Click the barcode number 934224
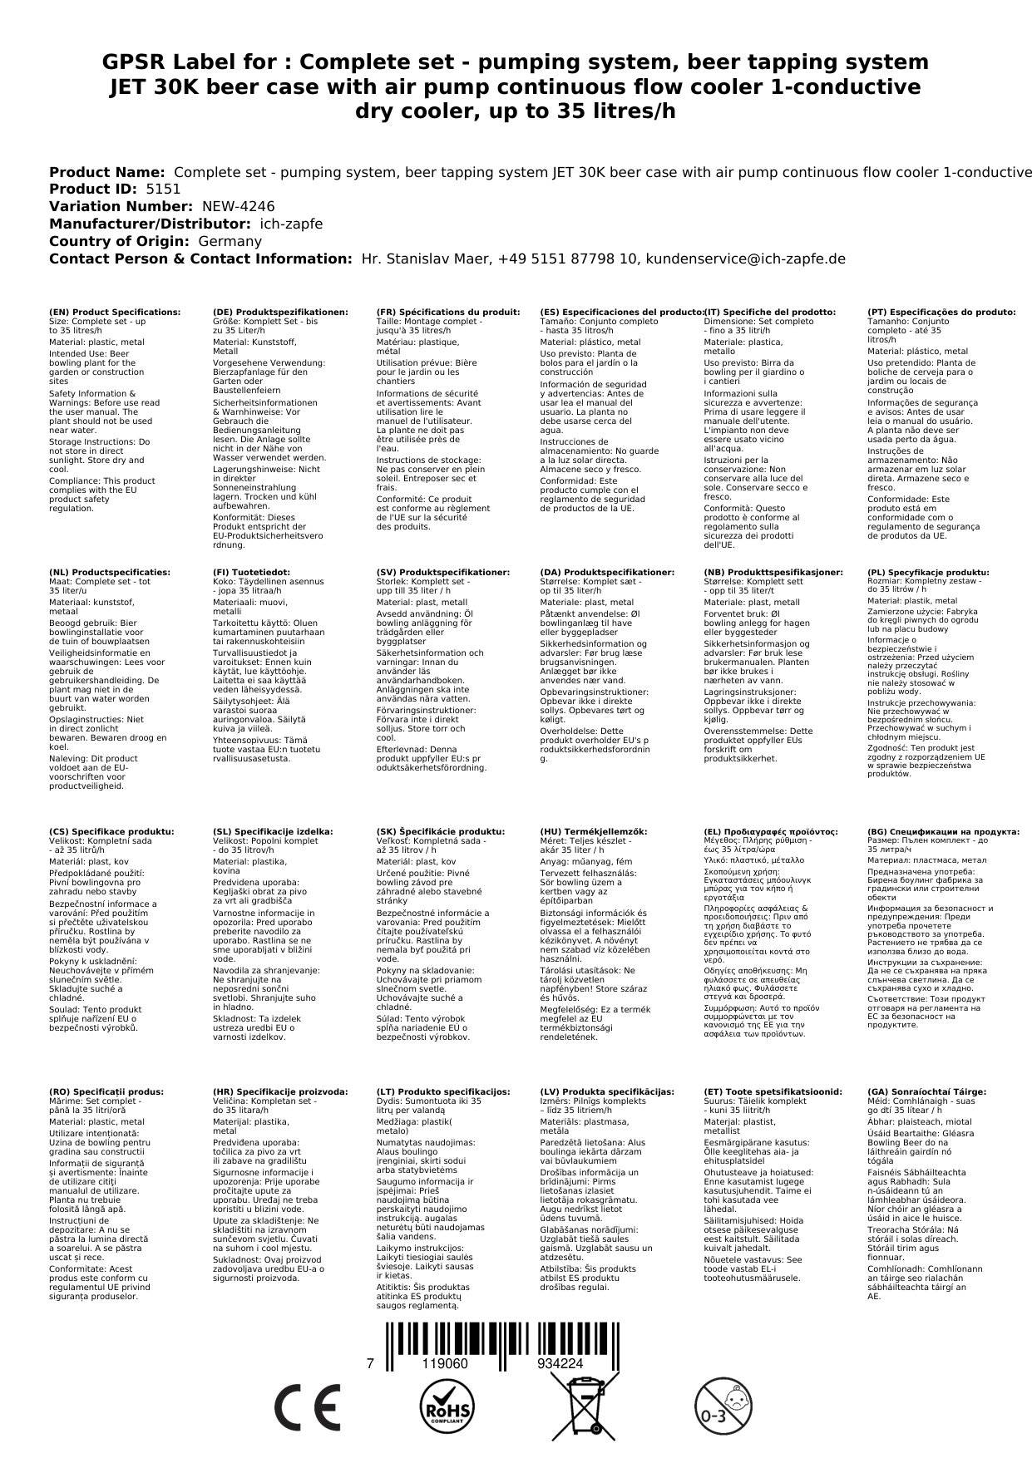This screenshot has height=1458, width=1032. (560, 1363)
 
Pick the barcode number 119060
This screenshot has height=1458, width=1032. (445, 1363)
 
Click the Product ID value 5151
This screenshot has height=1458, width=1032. (163, 190)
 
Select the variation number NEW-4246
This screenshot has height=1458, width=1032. (238, 207)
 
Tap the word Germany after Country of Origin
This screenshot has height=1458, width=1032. (230, 242)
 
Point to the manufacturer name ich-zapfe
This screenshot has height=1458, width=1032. (291, 224)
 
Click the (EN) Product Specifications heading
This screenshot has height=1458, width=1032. (115, 313)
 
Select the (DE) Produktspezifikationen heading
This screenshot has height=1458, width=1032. (280, 313)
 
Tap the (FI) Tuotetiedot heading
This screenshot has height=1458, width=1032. (251, 573)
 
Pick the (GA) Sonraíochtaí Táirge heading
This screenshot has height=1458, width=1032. (926, 1092)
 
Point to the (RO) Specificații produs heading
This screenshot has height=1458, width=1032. (106, 1092)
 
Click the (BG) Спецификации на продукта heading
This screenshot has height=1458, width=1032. (943, 832)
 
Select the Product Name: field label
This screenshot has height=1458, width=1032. (106, 172)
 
